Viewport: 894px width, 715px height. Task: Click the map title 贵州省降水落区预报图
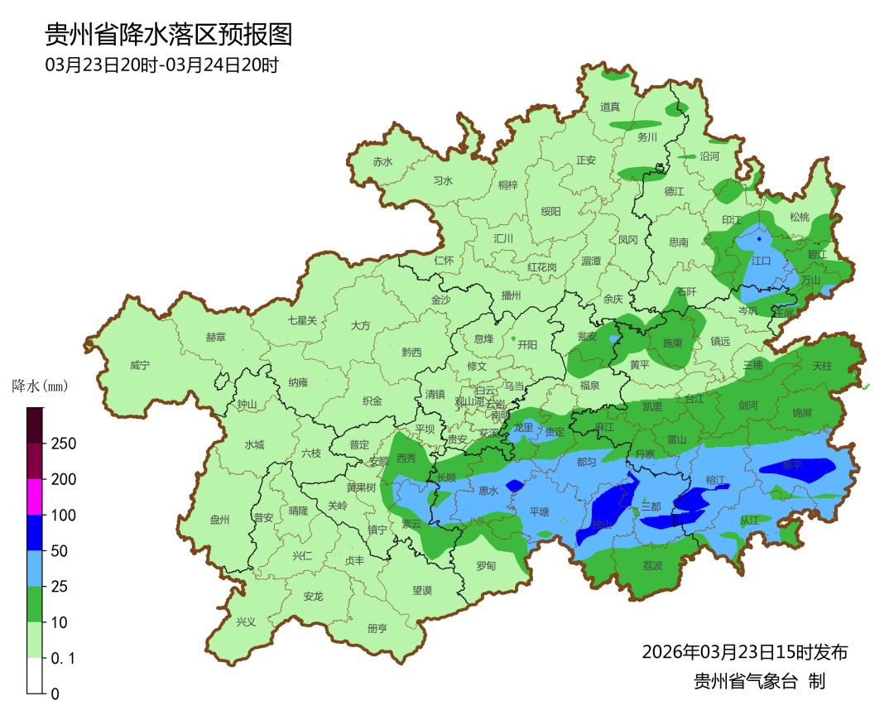tap(168, 35)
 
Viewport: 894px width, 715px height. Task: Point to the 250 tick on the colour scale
tap(64, 444)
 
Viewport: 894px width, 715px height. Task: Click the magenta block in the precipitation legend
tap(34, 497)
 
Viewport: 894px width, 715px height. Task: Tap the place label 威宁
tap(140, 365)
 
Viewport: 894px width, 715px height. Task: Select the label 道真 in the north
tap(610, 107)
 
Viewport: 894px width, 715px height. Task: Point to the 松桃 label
tap(799, 218)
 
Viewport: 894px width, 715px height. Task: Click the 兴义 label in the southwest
tap(246, 621)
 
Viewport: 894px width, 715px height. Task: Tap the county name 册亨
tap(377, 628)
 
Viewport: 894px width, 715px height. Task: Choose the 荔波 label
tap(652, 566)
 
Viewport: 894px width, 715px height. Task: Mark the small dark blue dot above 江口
tap(759, 239)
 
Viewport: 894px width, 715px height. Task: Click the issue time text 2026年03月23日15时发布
tap(744, 652)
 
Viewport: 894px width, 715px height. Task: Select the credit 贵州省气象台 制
tap(759, 682)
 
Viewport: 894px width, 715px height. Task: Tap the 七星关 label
tap(302, 320)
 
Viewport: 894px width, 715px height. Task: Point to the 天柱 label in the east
tap(821, 365)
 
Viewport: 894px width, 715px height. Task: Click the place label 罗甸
tap(486, 566)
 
